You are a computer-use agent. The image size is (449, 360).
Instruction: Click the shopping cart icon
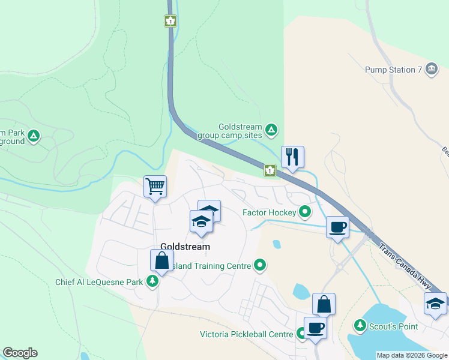point(155,187)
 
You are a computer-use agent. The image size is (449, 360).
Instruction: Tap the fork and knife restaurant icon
point(292,157)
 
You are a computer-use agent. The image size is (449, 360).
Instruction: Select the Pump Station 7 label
point(394,70)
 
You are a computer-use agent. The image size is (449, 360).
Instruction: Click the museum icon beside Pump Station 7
point(431,70)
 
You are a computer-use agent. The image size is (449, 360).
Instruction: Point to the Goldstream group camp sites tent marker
point(272,129)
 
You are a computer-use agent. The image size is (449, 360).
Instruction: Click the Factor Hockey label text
point(269,212)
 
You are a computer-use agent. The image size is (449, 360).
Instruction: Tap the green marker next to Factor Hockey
point(305,212)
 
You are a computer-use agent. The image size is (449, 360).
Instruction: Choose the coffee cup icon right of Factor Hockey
point(337,227)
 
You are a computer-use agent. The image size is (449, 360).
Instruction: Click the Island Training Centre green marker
point(260,265)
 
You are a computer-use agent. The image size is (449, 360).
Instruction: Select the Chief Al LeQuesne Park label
point(99,282)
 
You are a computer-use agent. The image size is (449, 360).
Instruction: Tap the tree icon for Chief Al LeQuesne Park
point(153,281)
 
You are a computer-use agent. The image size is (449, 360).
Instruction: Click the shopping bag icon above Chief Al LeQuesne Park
point(161,260)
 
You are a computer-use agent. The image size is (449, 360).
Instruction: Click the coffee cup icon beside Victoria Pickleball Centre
point(315,328)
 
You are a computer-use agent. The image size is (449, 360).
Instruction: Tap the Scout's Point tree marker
point(360,325)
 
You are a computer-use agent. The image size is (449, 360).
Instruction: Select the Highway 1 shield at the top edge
point(171,21)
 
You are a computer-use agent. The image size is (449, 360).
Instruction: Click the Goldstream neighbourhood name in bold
point(185,247)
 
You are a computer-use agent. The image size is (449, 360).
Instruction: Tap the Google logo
point(20,353)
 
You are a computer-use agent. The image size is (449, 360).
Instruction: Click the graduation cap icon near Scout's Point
point(435,303)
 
